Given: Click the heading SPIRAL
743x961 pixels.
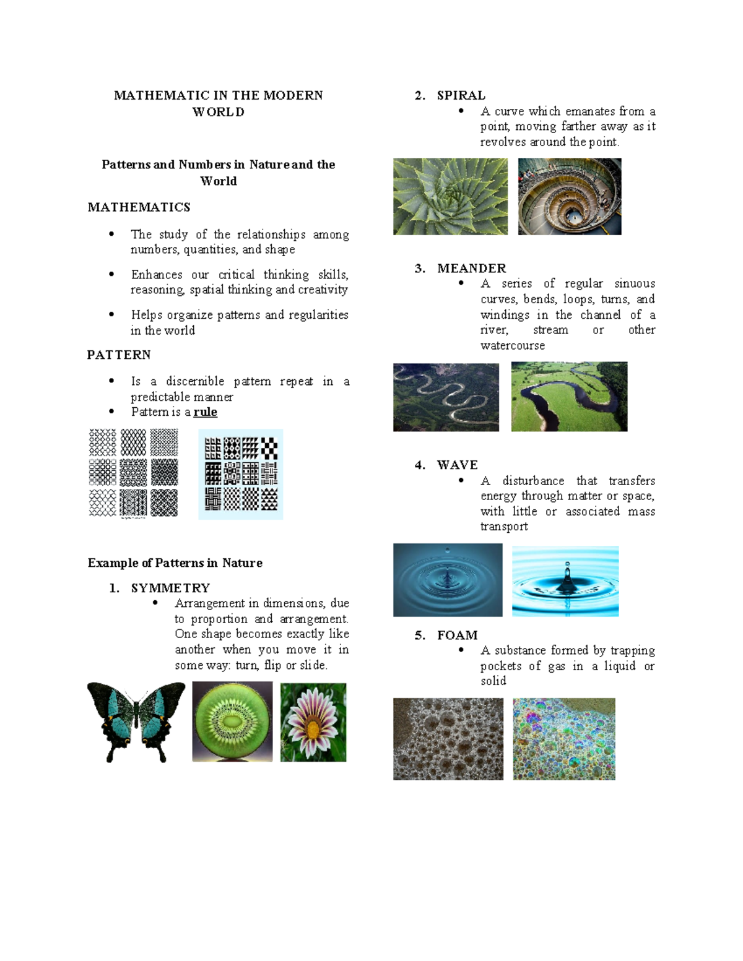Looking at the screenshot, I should pyautogui.click(x=461, y=95).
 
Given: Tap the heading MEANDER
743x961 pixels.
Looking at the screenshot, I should pyautogui.click(x=471, y=268).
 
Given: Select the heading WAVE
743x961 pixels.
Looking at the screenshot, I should pyautogui.click(x=457, y=465).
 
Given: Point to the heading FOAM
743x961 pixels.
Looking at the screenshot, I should pyautogui.click(x=457, y=635).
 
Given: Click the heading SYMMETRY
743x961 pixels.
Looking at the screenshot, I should pyautogui.click(x=170, y=588).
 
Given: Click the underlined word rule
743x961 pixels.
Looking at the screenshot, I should pyautogui.click(x=205, y=412).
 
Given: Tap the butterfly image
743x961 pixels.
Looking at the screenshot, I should pyautogui.click(x=136, y=722).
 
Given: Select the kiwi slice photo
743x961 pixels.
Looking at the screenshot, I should pyautogui.click(x=232, y=722).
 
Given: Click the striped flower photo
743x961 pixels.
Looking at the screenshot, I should pyautogui.click(x=313, y=722).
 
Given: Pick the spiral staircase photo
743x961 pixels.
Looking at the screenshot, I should pyautogui.click(x=570, y=196).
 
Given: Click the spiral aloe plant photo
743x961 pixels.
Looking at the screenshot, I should pyautogui.click(x=450, y=196).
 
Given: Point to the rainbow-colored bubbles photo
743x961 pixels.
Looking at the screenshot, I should pyautogui.click(x=564, y=739).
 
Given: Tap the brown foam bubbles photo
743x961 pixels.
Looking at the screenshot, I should pyautogui.click(x=448, y=739).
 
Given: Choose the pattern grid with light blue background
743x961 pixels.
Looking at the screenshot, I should pyautogui.click(x=241, y=474).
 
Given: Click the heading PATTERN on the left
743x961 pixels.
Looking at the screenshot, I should pyautogui.click(x=119, y=355).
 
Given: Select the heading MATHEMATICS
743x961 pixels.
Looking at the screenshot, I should pyautogui.click(x=139, y=207).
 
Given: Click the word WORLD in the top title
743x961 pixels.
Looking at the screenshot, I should pyautogui.click(x=219, y=112).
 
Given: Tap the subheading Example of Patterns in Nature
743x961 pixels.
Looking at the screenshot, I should pyautogui.click(x=175, y=562).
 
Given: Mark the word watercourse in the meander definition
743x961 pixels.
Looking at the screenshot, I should pyautogui.click(x=513, y=345).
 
